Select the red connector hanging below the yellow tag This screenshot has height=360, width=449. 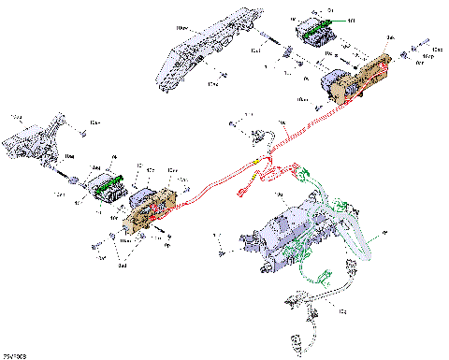point(243,194)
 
